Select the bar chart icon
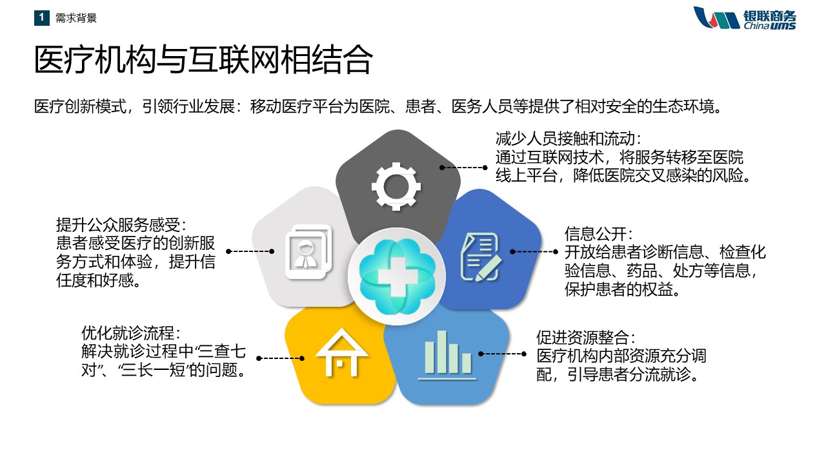(448, 354)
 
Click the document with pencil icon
(481, 256)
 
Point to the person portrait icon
(309, 251)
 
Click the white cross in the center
(397, 276)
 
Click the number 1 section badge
(42, 17)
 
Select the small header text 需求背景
(76, 17)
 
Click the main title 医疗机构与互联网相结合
(203, 60)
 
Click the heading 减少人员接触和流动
(569, 139)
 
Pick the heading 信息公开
(598, 234)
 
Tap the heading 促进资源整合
(585, 337)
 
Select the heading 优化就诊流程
(131, 333)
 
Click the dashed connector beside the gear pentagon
(463, 168)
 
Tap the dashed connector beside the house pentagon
(280, 358)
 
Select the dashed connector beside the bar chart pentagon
(502, 354)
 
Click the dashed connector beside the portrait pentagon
(250, 251)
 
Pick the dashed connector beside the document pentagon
(534, 252)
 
